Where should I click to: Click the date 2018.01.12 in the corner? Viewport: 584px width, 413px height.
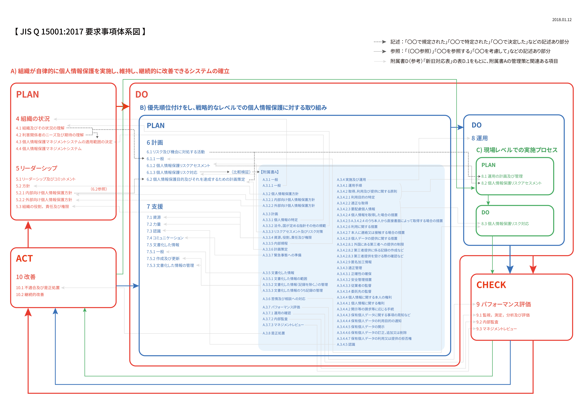point(562,20)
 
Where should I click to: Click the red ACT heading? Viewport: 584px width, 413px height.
point(24,259)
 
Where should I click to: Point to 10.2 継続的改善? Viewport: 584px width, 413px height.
point(30,294)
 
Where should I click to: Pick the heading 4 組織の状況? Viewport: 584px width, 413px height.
point(33,119)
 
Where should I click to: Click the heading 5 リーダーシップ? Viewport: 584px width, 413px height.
point(37,168)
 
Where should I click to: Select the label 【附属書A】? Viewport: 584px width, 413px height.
point(270,172)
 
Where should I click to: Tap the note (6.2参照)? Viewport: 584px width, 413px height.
point(99,189)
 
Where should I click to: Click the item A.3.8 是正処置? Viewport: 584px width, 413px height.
point(274,333)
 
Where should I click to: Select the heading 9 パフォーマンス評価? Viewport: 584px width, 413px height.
point(503,304)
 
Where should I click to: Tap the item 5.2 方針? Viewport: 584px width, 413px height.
point(23,186)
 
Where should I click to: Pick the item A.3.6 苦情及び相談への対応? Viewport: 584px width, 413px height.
point(284,299)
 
